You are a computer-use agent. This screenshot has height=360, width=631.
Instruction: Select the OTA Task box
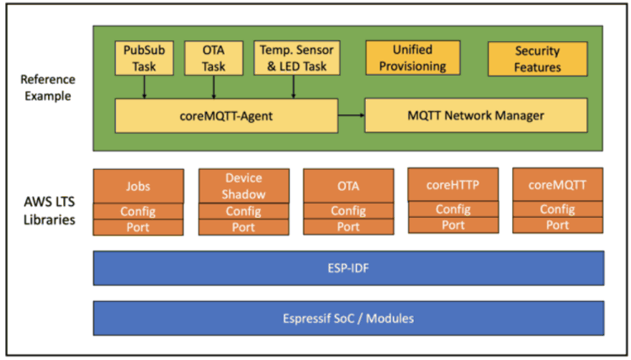pos(214,56)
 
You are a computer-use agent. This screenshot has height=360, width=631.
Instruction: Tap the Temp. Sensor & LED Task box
pos(294,56)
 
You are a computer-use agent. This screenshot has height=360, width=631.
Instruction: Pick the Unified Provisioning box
pos(413,56)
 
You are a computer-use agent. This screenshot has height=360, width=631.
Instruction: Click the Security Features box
pos(537,58)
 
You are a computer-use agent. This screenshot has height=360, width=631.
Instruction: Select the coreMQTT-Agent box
pos(225,115)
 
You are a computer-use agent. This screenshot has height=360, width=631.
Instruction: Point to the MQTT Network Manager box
pos(475,115)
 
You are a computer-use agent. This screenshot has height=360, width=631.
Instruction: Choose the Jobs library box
pos(138,186)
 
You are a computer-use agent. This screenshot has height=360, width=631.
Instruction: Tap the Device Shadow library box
pos(244,186)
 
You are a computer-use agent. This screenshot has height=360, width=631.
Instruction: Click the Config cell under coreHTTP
pos(453,209)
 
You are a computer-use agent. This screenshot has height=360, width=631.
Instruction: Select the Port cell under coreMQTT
pos(558,225)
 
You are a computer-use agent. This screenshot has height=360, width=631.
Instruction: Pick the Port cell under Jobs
pos(138,227)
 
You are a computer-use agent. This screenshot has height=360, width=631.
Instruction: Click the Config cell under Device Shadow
pos(244,211)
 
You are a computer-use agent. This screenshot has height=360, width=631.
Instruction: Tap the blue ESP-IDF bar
pos(348,267)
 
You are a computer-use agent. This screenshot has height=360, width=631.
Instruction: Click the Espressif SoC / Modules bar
pos(348,317)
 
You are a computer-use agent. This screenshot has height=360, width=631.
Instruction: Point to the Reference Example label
pos(48,87)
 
